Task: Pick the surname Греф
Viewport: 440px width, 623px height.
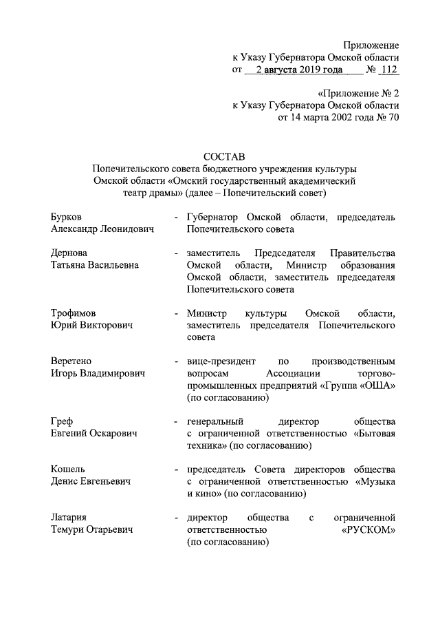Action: [x=62, y=421]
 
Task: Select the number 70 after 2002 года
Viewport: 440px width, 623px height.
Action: [x=394, y=118]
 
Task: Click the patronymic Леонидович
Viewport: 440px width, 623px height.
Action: [x=124, y=230]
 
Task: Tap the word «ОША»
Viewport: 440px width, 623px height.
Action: [x=377, y=385]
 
